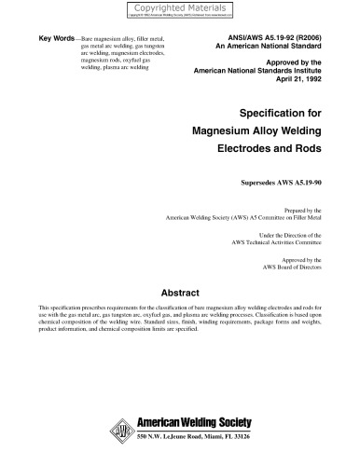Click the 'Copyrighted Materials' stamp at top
click(180, 7)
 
